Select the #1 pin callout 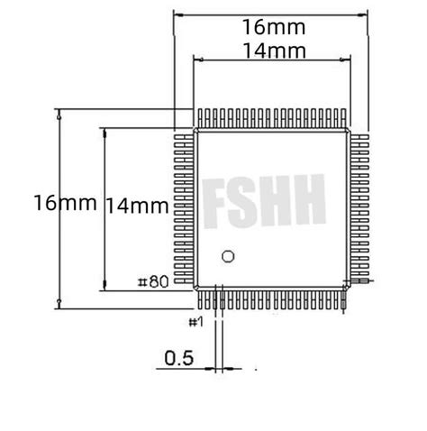196,321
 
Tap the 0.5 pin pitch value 179,358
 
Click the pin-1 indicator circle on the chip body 228,256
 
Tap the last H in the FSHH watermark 308,202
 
